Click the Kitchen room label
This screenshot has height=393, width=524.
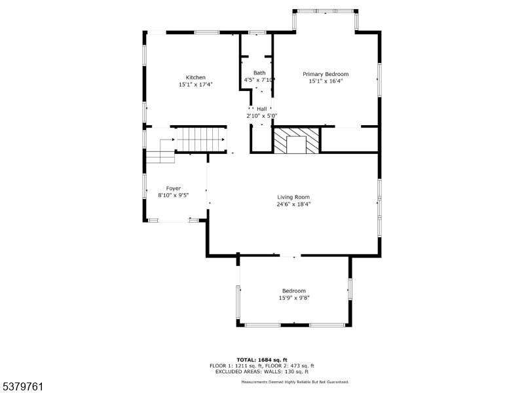click(195, 77)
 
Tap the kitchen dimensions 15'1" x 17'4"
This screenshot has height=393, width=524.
click(195, 84)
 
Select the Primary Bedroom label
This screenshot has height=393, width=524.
click(326, 74)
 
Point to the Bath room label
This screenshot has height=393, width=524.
click(259, 73)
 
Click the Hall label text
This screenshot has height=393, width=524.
click(261, 109)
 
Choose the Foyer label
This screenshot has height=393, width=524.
click(174, 189)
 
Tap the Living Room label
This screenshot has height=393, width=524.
click(293, 197)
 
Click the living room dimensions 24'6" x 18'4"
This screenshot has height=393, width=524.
click(293, 204)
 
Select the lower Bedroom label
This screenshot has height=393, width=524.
click(293, 291)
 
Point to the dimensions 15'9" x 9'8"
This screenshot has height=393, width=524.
click(294, 298)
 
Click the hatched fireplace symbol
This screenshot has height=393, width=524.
click(297, 140)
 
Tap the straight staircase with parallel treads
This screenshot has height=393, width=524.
click(201, 140)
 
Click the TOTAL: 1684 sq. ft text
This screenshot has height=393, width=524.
click(261, 360)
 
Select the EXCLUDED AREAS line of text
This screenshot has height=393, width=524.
click(261, 371)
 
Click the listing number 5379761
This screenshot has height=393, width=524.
click(22, 387)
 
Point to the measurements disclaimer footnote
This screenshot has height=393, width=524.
click(295, 382)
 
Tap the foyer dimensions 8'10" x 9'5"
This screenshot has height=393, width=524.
click(174, 195)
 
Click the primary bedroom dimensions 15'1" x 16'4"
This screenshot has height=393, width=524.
click(326, 81)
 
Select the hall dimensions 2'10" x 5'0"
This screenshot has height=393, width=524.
click(261, 116)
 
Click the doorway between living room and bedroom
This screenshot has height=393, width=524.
click(290, 256)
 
